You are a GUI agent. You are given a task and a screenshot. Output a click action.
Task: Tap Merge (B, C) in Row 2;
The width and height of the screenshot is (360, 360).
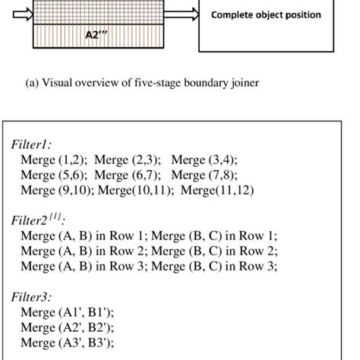coord(214,251)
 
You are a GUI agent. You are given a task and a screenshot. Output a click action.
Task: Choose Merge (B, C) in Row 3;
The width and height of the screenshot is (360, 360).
coord(214,266)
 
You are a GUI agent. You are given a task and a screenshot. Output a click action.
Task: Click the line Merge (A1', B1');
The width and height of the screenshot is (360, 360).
coord(68,312)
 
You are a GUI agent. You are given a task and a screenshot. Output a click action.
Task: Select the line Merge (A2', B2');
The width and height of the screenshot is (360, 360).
coord(68,327)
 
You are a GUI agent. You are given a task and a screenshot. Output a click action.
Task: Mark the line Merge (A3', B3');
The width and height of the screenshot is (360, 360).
coord(68,343)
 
